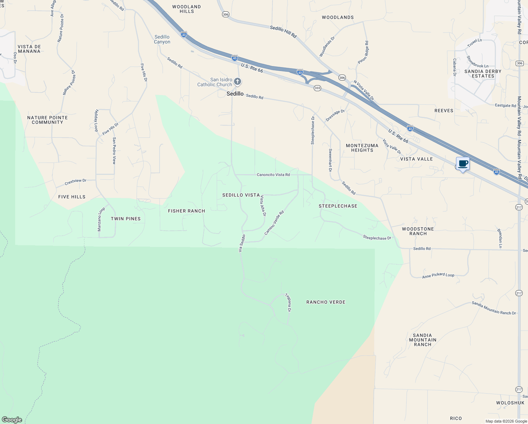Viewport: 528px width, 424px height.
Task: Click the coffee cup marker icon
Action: point(463,164)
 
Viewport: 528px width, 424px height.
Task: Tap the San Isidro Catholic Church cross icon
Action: point(238,82)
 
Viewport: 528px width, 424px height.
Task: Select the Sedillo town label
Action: point(235,94)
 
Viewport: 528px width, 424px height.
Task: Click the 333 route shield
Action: point(317,88)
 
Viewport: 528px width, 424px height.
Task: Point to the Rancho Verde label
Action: point(326,302)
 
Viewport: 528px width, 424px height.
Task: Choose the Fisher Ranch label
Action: point(186,211)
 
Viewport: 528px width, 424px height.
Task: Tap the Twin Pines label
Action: point(126,219)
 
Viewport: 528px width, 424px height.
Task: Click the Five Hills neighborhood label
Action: point(72,197)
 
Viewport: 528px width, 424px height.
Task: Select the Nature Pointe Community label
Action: point(47,120)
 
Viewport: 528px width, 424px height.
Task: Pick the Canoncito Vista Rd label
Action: point(273,175)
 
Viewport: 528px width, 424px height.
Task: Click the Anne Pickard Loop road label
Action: point(438,275)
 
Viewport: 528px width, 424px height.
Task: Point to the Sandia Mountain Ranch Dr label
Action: point(494,308)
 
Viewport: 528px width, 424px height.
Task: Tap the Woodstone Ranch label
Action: point(418,231)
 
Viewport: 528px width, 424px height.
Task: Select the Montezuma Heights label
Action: point(362,148)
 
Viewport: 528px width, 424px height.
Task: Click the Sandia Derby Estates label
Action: point(483,73)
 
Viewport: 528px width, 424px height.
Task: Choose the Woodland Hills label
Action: point(186,9)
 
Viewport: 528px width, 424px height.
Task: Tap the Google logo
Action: point(12,419)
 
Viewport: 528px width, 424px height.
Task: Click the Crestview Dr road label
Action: point(76,182)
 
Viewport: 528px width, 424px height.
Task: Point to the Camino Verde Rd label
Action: point(274,223)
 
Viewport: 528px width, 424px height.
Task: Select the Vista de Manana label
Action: point(29,49)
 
